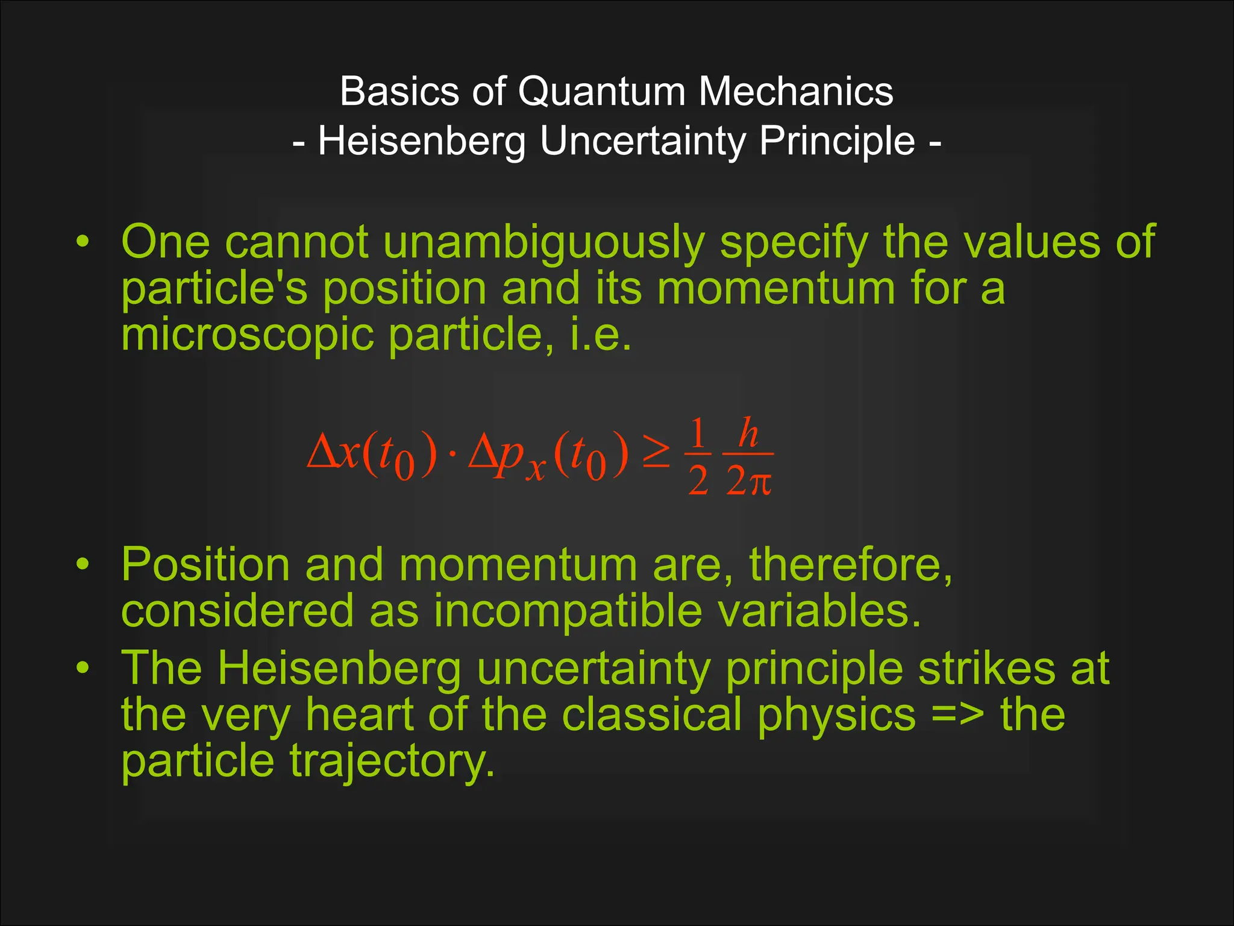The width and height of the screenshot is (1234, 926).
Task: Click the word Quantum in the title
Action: pyautogui.click(x=601, y=92)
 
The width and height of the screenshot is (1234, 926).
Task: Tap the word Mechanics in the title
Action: pyautogui.click(x=795, y=92)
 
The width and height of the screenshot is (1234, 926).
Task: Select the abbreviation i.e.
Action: pyautogui.click(x=601, y=335)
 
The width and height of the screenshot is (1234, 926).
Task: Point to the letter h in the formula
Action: pyautogui.click(x=748, y=433)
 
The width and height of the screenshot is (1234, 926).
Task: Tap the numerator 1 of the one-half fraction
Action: pyautogui.click(x=698, y=433)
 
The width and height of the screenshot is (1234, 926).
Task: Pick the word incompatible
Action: pyautogui.click(x=568, y=611)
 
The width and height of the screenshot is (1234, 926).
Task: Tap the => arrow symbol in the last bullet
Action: pyautogui.click(x=957, y=715)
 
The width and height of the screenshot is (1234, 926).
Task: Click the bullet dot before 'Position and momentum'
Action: pyautogui.click(x=83, y=565)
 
